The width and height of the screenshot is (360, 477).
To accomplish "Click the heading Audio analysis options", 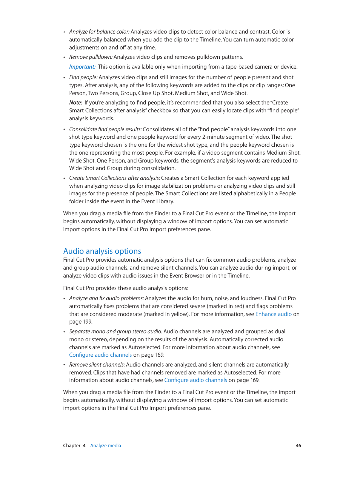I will pyautogui.click(x=102, y=251).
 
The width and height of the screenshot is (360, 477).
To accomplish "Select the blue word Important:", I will pyautogui.click(x=82, y=67).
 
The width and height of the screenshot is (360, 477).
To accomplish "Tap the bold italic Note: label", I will pyautogui.click(x=75, y=103).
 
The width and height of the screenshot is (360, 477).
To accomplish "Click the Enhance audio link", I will pyautogui.click(x=273, y=314).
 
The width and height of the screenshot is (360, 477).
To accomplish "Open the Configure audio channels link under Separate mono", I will pyautogui.click(x=100, y=355).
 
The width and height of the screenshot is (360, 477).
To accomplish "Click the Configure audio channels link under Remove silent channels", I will pyautogui.click(x=195, y=380).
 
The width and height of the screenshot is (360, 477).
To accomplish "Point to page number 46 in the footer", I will pyautogui.click(x=298, y=446).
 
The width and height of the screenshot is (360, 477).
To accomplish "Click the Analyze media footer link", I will pyautogui.click(x=106, y=446).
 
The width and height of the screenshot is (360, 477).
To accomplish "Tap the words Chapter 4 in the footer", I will pyautogui.click(x=74, y=446).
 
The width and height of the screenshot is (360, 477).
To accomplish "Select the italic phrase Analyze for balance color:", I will pyautogui.click(x=99, y=32).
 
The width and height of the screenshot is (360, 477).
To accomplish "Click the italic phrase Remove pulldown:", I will pyautogui.click(x=91, y=57).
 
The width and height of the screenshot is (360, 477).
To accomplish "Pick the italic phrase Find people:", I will pyautogui.click(x=83, y=77).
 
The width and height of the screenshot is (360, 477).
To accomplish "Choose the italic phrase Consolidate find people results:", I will pyautogui.click(x=105, y=129).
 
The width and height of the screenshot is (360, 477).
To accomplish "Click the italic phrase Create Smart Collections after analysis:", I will pyautogui.click(x=114, y=178).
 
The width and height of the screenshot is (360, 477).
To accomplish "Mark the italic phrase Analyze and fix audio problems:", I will pyautogui.click(x=106, y=298).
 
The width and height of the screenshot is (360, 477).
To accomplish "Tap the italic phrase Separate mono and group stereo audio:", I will pyautogui.click(x=115, y=331).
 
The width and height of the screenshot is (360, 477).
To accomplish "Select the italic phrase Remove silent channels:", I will pyautogui.click(x=97, y=365).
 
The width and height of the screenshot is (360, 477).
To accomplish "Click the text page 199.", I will pyautogui.click(x=80, y=322).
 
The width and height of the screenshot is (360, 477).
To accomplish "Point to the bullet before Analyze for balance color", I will pyautogui.click(x=64, y=32).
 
